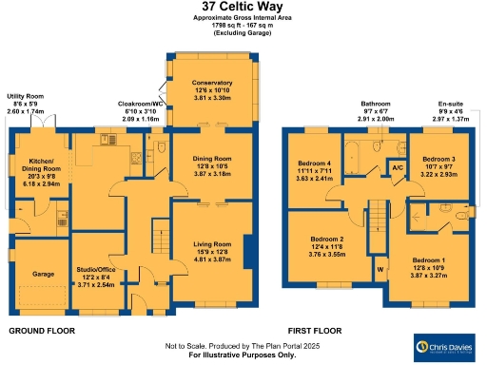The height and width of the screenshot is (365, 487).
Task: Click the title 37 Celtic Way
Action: click(243, 9)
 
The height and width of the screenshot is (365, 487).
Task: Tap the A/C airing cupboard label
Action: click(397, 168)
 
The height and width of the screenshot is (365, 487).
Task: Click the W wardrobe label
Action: click(380, 268)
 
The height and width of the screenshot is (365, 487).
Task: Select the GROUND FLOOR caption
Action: click(43, 331)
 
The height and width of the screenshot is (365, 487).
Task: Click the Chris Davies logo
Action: click(445, 344)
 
